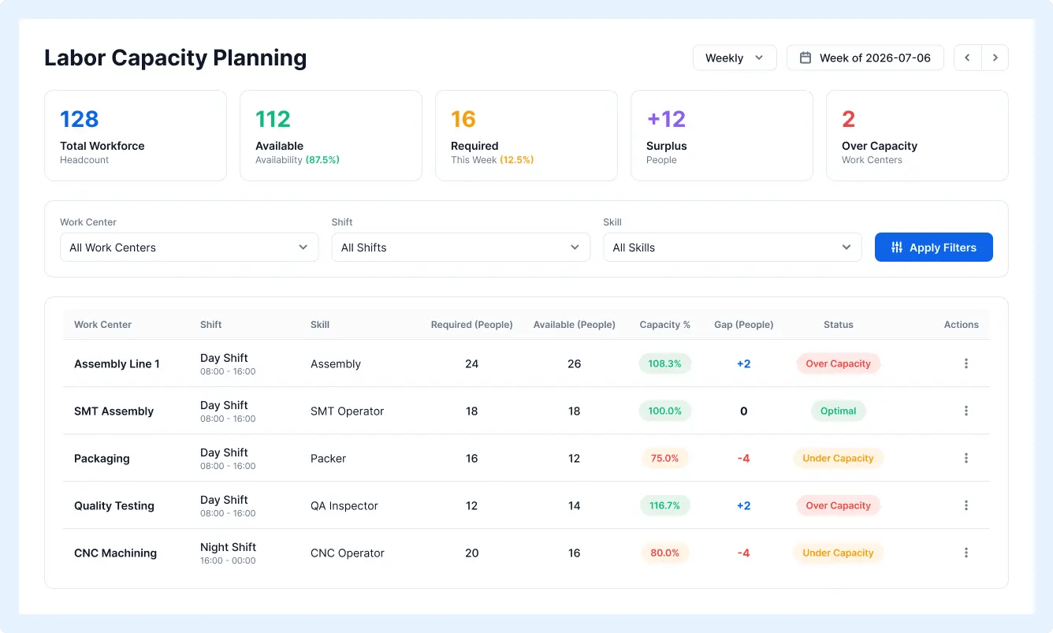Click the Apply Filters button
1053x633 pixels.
(x=934, y=248)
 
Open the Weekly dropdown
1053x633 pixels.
(x=735, y=58)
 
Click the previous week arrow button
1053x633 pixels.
(x=967, y=58)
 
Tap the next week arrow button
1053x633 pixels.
(x=995, y=58)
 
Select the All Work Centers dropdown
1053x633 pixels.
(x=189, y=248)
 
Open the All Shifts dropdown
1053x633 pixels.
(x=460, y=248)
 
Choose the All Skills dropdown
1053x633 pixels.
(x=732, y=248)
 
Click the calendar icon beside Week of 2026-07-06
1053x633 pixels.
(x=806, y=58)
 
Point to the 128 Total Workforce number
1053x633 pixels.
(x=79, y=119)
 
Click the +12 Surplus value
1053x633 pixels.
(x=666, y=119)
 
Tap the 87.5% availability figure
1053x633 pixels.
(x=322, y=160)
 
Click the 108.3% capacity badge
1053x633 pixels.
(x=664, y=363)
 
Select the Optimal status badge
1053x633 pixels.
(x=838, y=411)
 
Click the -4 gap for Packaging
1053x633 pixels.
(x=743, y=459)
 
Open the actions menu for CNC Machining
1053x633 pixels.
(x=966, y=553)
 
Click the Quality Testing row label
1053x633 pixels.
(x=114, y=505)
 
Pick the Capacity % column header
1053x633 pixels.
(x=664, y=325)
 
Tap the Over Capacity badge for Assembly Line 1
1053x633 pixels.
(x=838, y=363)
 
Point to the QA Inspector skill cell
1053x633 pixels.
(x=344, y=505)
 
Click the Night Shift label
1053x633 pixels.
(x=228, y=547)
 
